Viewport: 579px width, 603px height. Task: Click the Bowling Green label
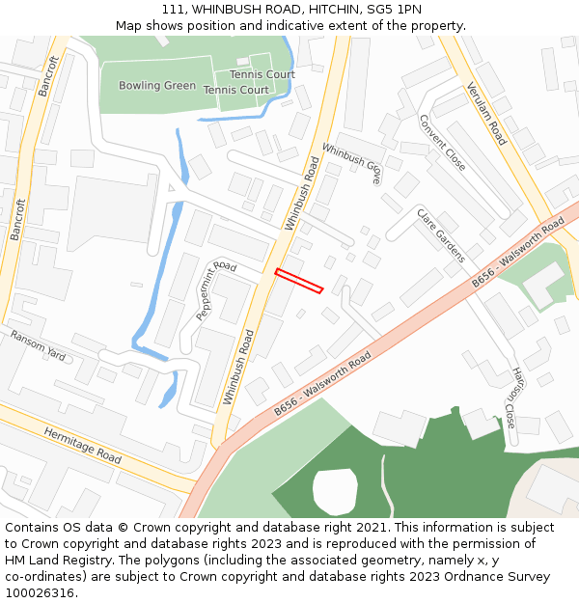157,86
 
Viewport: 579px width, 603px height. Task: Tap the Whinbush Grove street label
351,164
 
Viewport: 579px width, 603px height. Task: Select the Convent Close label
442,143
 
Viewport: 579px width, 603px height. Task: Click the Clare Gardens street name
441,234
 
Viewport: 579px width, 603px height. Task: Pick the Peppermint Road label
216,290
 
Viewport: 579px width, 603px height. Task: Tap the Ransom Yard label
38,345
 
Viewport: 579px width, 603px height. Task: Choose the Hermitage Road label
82,446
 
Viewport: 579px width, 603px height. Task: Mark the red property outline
298,280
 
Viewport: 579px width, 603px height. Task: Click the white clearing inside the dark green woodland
335,490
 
